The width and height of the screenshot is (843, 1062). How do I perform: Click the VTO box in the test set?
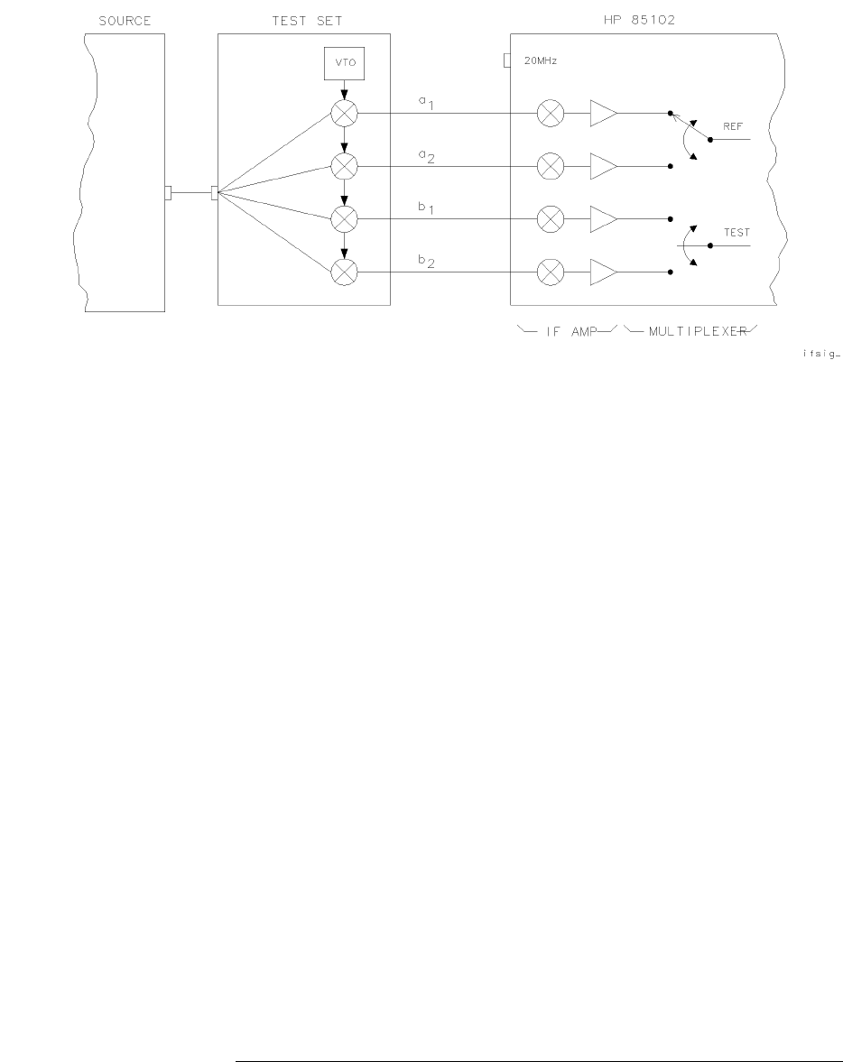click(x=343, y=63)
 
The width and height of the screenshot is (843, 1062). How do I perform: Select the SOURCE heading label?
click(x=125, y=21)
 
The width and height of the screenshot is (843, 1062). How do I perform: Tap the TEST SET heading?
click(x=307, y=21)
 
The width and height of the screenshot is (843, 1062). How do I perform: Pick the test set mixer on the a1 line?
click(x=344, y=114)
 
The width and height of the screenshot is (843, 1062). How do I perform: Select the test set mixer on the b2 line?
click(x=344, y=272)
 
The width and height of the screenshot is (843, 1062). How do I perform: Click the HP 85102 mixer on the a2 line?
click(x=550, y=166)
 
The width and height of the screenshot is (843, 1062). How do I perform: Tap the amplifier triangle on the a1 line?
click(x=603, y=114)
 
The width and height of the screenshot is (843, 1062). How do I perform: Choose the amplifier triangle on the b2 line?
click(x=603, y=272)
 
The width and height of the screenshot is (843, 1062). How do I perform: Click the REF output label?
click(x=732, y=127)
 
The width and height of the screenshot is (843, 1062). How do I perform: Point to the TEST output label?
click(x=736, y=233)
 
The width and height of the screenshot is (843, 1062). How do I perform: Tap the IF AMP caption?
click(x=570, y=331)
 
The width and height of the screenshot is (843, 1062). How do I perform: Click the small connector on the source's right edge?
click(x=168, y=193)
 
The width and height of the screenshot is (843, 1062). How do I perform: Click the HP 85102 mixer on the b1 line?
click(x=550, y=218)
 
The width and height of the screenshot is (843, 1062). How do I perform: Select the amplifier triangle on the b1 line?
click(x=603, y=218)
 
